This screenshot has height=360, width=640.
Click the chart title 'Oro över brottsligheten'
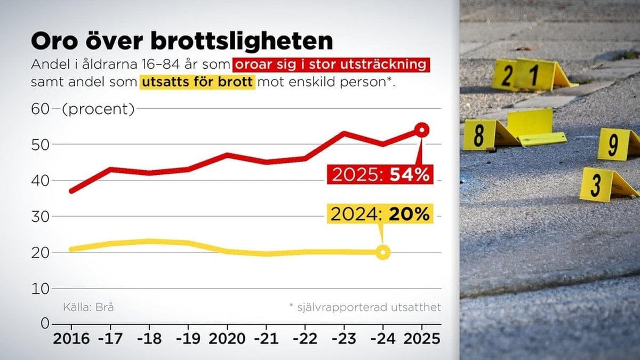(x=182, y=41)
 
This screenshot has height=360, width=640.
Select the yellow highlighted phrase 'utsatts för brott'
(x=197, y=83)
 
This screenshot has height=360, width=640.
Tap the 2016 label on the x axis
(x=72, y=339)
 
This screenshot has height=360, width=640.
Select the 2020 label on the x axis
(x=228, y=339)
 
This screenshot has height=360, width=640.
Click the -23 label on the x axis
(x=344, y=339)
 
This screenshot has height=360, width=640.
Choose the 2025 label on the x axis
(x=421, y=339)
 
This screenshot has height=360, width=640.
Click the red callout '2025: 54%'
(x=380, y=174)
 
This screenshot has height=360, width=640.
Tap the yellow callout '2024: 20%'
(x=380, y=214)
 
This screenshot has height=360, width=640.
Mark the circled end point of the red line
(x=422, y=130)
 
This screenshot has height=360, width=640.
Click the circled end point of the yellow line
(x=382, y=252)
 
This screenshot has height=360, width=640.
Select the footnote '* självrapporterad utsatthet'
(x=365, y=307)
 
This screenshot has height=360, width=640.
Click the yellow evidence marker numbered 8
(x=479, y=135)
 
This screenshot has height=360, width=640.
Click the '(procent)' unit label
(x=98, y=110)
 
